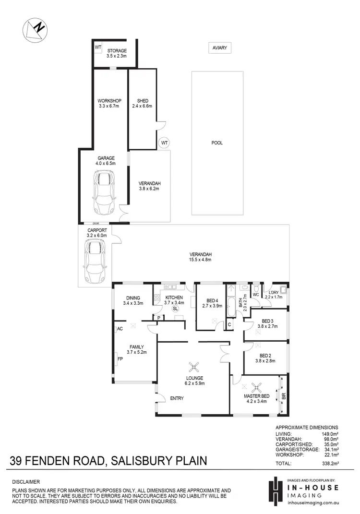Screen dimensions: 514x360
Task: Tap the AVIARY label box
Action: click(x=220, y=48)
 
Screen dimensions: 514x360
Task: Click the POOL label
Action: click(x=217, y=143)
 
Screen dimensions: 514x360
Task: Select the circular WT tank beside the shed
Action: click(x=164, y=143)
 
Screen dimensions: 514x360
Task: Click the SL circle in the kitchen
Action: click(x=176, y=309)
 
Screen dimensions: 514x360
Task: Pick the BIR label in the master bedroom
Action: click(x=283, y=396)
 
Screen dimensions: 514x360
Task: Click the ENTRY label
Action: click(x=177, y=398)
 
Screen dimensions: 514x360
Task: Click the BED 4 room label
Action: click(x=209, y=300)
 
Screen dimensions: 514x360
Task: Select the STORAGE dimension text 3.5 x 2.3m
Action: click(x=116, y=56)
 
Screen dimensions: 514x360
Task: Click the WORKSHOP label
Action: click(x=108, y=100)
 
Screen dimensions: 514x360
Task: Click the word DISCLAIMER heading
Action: click(x=26, y=481)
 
